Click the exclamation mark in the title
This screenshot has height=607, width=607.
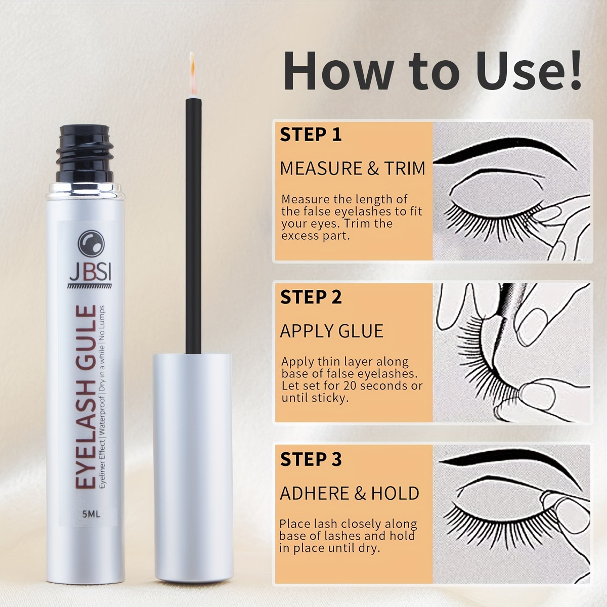point(573,70)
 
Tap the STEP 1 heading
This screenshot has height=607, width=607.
point(311,135)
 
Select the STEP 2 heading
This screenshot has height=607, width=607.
point(311,297)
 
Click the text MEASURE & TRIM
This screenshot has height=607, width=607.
point(353,168)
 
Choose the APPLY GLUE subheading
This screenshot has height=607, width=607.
point(331,331)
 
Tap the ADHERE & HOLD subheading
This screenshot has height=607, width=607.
point(350,493)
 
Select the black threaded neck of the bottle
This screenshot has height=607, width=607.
point(85,153)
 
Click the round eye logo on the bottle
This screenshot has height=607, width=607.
point(91,243)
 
